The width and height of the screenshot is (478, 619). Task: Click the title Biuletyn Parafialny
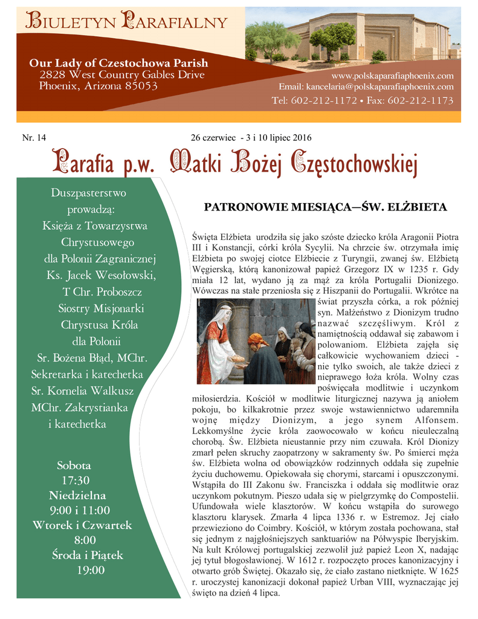pos(126,22)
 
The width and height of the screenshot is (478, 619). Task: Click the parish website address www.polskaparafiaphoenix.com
pos(392,76)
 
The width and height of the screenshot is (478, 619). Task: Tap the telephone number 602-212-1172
pos(324,100)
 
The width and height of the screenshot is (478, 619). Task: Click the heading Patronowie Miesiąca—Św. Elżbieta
pos(325,208)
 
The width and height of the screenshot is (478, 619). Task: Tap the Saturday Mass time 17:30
pos(75,481)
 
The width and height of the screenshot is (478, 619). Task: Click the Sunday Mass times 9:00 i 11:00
pos(80,510)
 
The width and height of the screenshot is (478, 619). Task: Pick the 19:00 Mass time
pos(90,570)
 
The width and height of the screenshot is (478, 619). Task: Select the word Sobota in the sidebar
pos(74,465)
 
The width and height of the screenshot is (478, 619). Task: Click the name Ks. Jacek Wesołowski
pos(101,276)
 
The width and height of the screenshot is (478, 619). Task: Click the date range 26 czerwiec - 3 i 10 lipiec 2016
pos(251,138)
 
